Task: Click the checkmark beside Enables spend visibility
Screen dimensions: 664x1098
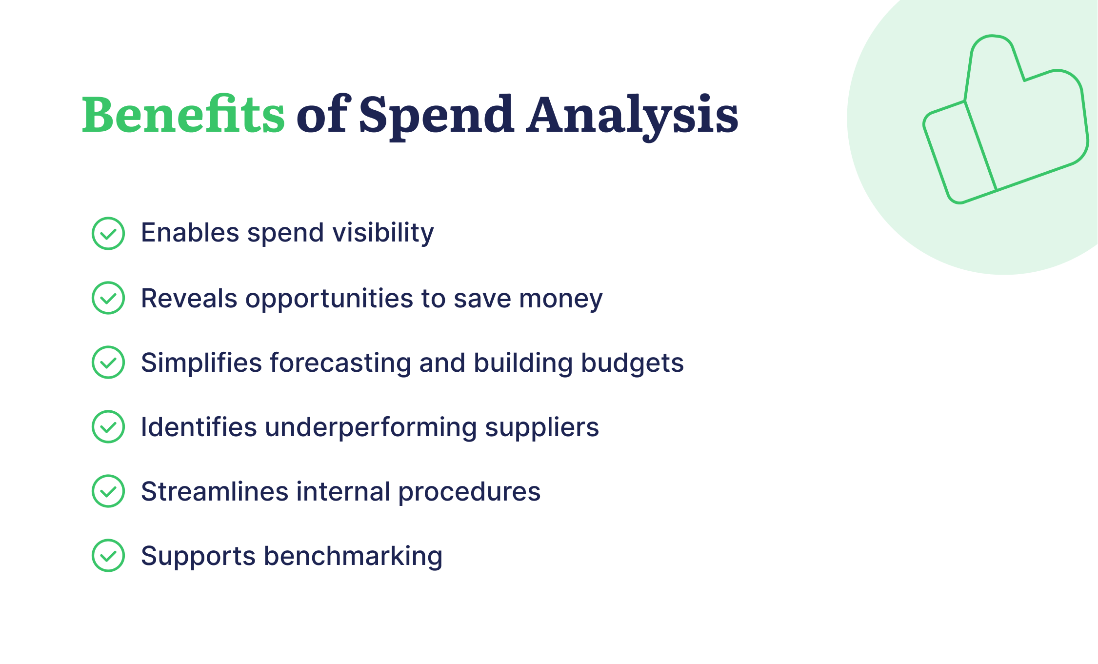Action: pos(108,234)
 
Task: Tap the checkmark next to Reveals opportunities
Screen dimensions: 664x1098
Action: pos(108,298)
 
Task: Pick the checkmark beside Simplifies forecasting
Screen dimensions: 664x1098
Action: pos(108,362)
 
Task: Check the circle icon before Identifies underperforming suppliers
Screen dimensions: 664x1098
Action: pos(108,427)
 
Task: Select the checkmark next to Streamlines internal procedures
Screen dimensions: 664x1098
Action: pos(108,491)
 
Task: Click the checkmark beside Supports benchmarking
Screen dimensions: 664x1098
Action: pos(108,556)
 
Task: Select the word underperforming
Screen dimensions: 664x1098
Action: pos(370,428)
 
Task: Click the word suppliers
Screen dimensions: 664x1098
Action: pos(541,428)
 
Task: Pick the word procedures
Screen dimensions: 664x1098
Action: pos(469,492)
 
